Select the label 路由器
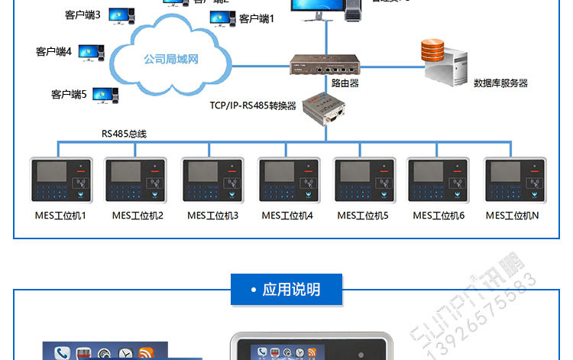coord(345,82)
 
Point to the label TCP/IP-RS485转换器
coord(252,105)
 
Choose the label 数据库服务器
coord(500,83)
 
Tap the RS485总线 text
coord(124,134)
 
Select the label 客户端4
coord(53,52)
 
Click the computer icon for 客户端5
coord(105,95)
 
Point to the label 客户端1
coord(256,18)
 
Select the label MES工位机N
coord(512,216)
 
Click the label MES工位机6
coord(439,216)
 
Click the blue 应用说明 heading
coord(286,289)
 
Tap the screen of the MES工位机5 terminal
coord(353,171)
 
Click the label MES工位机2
coord(138,216)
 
